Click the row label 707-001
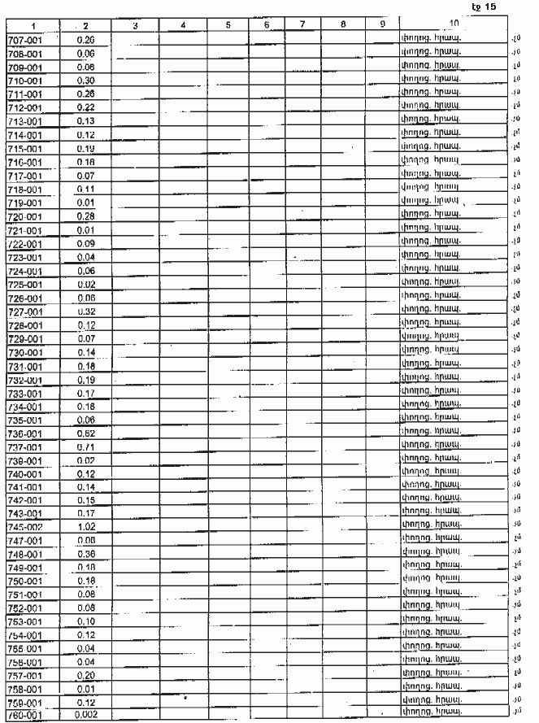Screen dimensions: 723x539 (x=25, y=39)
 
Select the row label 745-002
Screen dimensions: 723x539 (x=25, y=526)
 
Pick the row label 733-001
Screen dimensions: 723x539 (x=25, y=393)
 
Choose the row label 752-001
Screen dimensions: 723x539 (x=25, y=608)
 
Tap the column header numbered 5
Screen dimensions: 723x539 (x=228, y=26)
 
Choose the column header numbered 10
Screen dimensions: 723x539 (x=453, y=24)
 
